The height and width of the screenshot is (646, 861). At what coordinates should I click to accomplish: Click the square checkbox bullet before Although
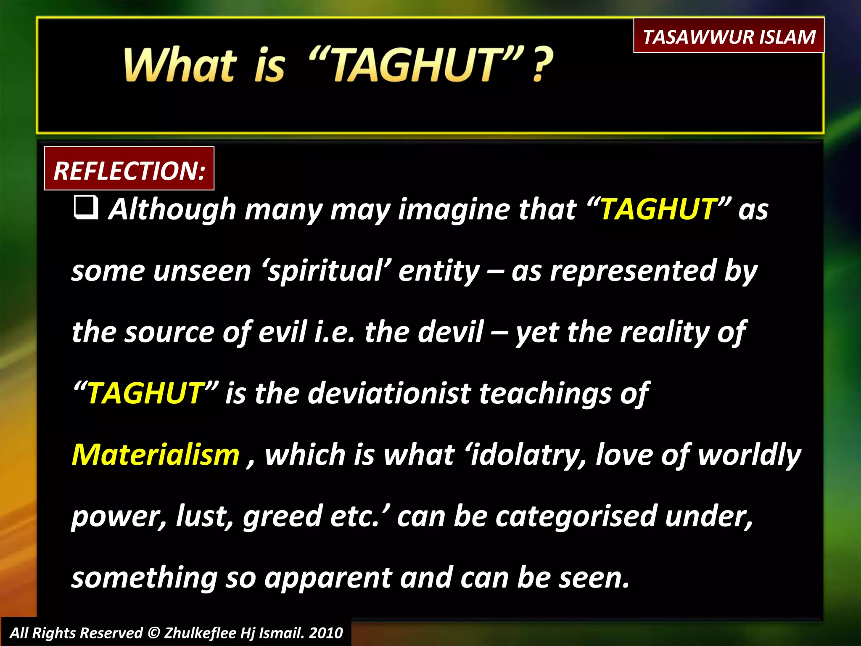86,207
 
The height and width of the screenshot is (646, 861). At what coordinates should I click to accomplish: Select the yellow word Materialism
156,455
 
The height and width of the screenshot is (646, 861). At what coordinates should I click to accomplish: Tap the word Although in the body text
172,209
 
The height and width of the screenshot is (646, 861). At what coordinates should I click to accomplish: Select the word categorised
576,516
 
